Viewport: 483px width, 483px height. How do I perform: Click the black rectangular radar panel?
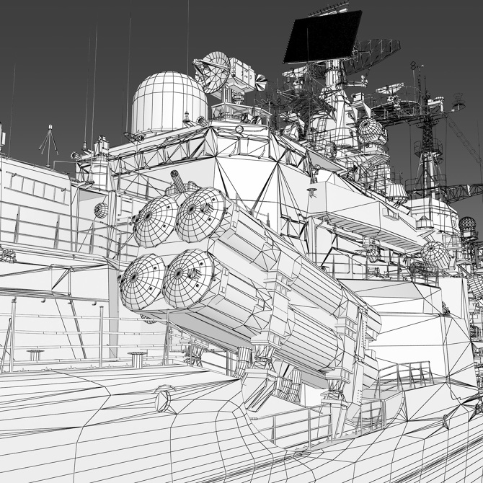tap(322, 37)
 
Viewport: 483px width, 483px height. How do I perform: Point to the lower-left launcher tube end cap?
tap(141, 279)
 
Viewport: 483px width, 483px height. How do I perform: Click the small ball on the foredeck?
tap(164, 398)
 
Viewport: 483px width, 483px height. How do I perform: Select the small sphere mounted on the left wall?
tap(101, 210)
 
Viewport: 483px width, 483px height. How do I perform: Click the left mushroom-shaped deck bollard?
tap(35, 354)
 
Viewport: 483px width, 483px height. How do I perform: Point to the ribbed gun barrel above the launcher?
tap(177, 180)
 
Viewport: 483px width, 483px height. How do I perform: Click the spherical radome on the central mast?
tap(371, 130)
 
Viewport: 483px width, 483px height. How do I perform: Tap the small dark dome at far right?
tap(468, 225)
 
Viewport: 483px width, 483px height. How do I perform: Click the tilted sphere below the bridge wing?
tap(435, 254)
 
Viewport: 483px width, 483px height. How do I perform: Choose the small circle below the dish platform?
tap(239, 129)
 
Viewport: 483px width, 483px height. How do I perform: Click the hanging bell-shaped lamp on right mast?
tap(458, 105)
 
